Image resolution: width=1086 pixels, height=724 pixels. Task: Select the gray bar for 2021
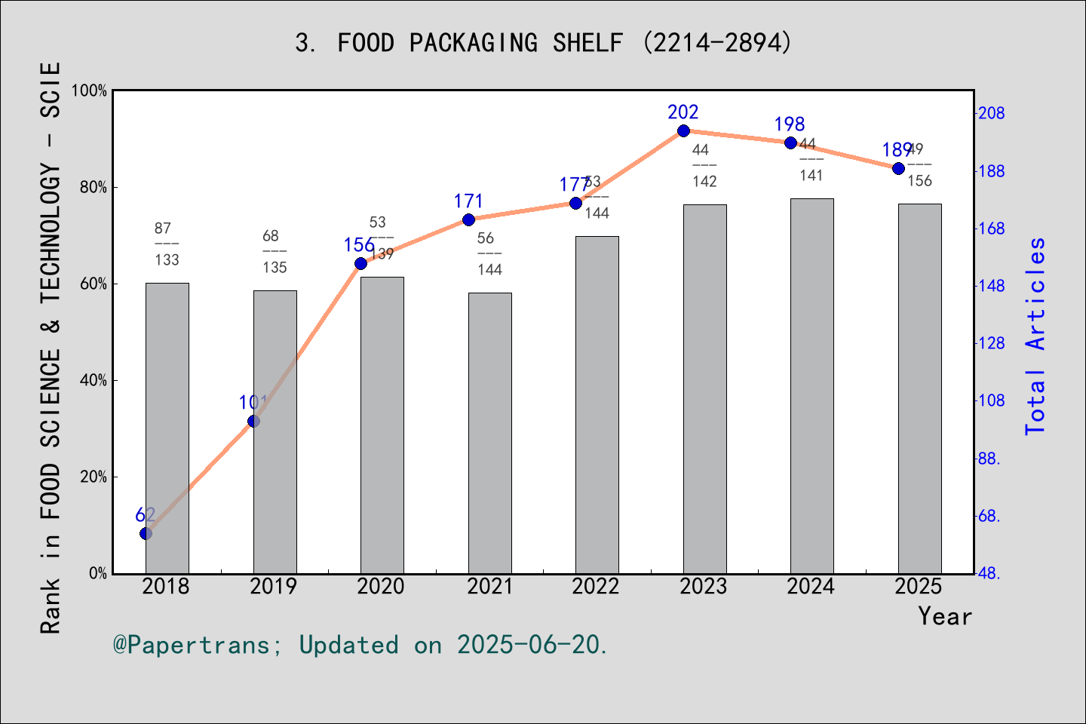point(489,433)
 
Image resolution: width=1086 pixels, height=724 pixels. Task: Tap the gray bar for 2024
point(812,385)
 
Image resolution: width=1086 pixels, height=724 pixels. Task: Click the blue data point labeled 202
point(683,131)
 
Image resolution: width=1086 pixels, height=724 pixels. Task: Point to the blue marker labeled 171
point(468,220)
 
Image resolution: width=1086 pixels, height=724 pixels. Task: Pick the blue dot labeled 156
point(360,263)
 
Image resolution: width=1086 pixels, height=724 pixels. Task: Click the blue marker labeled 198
point(790,143)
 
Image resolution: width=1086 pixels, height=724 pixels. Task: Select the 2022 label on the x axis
point(596,587)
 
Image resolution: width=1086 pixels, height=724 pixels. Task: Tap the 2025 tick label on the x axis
point(919,587)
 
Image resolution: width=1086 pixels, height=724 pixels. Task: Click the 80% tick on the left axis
point(94,187)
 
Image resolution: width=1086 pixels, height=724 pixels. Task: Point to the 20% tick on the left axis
point(94,477)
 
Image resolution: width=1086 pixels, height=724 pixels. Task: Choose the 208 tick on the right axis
point(991,113)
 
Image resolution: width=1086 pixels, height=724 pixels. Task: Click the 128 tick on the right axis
point(991,343)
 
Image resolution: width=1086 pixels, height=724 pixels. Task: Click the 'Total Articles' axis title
point(1035,336)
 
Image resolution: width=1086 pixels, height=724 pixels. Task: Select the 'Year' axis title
point(944,616)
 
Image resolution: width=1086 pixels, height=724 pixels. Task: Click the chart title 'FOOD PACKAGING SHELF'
point(543,42)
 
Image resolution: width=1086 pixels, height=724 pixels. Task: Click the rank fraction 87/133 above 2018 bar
point(167,244)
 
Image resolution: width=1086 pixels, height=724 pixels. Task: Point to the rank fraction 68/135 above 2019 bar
point(275,252)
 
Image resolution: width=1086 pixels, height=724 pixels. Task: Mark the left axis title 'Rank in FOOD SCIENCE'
point(50,347)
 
